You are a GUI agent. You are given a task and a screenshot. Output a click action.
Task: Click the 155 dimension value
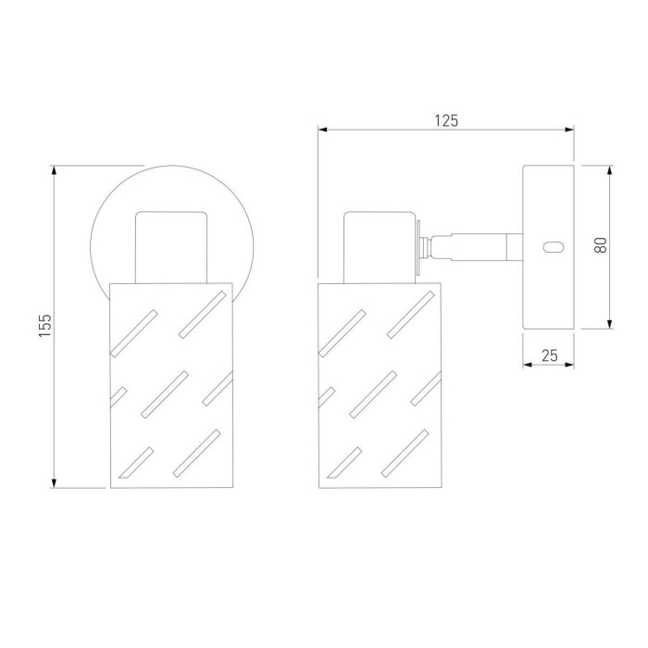point(45,325)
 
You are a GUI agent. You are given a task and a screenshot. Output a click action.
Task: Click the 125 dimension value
point(446,120)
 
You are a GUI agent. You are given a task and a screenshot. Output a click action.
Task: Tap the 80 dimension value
point(601,245)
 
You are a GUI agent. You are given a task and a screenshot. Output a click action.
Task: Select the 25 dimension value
point(550,355)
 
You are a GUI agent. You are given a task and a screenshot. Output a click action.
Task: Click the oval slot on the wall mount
point(553,247)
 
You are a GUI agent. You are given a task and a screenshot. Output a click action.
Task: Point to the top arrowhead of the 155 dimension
point(54,170)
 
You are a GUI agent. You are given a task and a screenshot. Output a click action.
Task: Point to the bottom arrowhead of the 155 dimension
point(54,482)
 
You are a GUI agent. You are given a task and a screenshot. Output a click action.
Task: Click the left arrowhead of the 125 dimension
point(323,130)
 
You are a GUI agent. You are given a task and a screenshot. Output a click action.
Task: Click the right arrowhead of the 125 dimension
point(569,130)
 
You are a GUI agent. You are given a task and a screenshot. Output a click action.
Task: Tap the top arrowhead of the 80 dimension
point(609,170)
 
